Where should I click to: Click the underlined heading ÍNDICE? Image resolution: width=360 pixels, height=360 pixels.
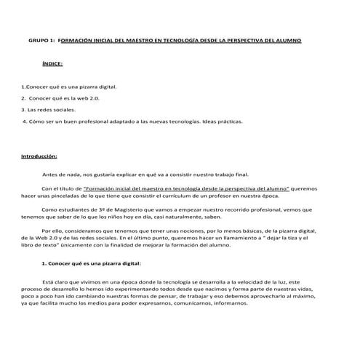(x=52, y=64)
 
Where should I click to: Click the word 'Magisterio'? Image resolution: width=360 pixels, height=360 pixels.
(x=126, y=209)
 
